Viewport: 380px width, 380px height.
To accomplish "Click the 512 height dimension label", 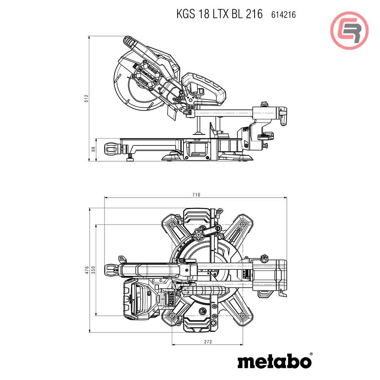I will [x=86, y=98].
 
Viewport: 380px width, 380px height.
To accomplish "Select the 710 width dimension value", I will [x=196, y=195].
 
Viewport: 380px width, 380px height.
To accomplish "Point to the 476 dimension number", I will [x=87, y=270].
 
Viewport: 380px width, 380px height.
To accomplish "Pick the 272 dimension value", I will [x=207, y=342].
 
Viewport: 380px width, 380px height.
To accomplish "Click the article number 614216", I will [x=283, y=15].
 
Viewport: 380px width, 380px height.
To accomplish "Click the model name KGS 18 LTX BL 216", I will [x=219, y=14].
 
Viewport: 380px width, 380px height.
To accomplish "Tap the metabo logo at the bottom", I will [x=274, y=361].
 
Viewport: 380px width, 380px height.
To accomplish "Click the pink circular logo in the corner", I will [x=349, y=30].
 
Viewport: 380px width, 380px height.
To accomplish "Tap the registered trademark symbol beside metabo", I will [x=311, y=354].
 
